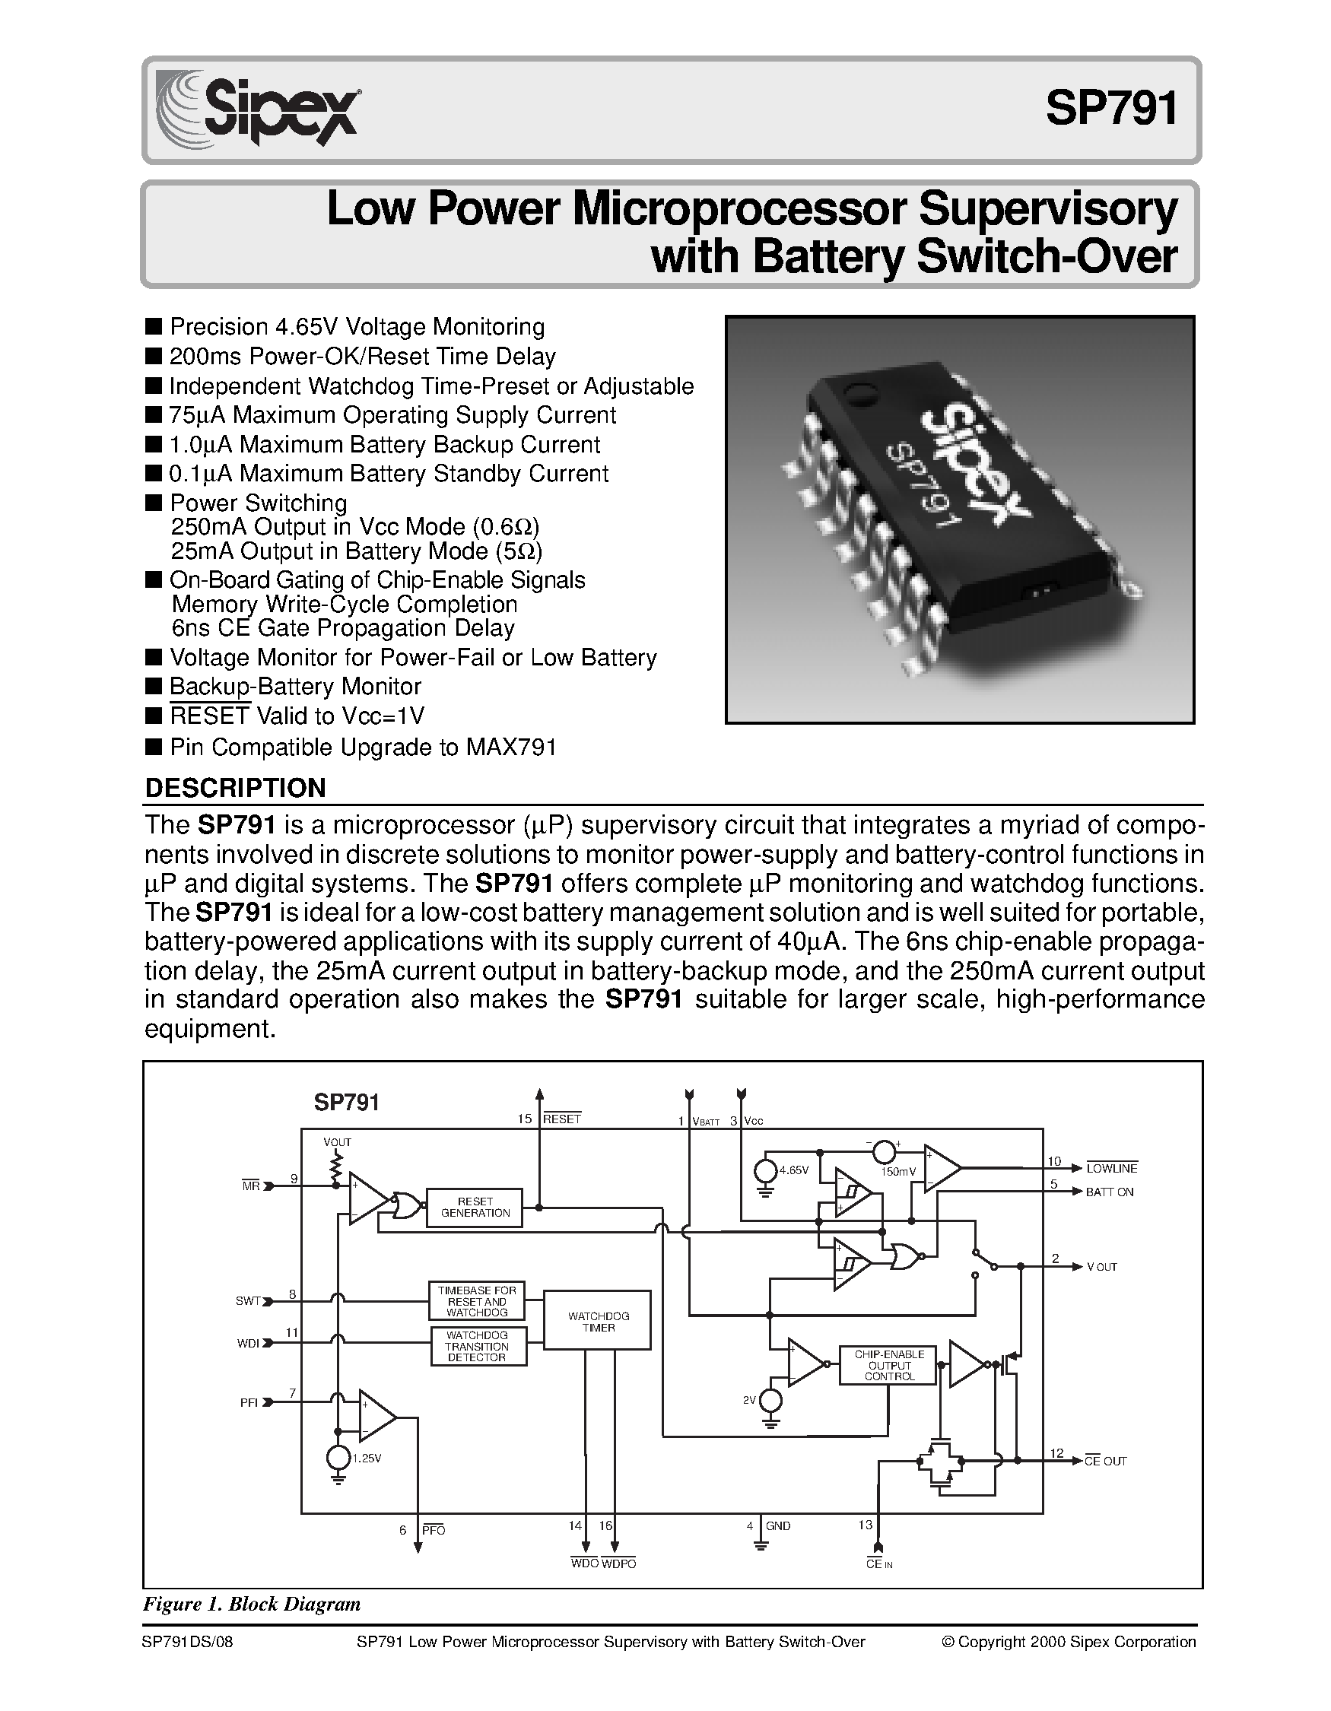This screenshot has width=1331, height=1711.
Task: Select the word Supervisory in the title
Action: point(1047,210)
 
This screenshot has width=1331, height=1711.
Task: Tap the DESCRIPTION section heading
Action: point(235,787)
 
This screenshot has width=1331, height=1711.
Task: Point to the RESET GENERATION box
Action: point(475,1208)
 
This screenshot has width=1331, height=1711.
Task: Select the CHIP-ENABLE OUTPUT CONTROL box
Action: point(888,1366)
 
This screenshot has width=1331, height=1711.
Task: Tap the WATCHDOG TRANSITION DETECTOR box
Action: point(477,1346)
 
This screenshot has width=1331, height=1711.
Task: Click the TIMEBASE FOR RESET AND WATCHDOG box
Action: point(477,1301)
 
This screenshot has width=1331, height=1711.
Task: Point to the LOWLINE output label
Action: point(1111,1169)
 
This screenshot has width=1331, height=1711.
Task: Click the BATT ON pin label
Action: point(1110,1192)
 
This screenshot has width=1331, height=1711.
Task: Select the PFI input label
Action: point(249,1403)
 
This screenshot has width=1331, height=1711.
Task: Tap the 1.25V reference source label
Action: point(366,1459)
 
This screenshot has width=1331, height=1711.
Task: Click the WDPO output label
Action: point(619,1563)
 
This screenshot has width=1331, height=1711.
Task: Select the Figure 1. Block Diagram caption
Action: point(252,1605)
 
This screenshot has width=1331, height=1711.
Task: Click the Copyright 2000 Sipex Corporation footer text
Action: point(1069,1642)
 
